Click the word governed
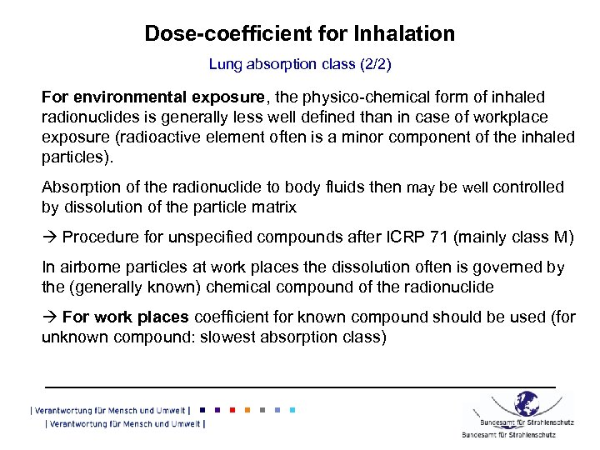pos(510,267)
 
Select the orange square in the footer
pos(246,410)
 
